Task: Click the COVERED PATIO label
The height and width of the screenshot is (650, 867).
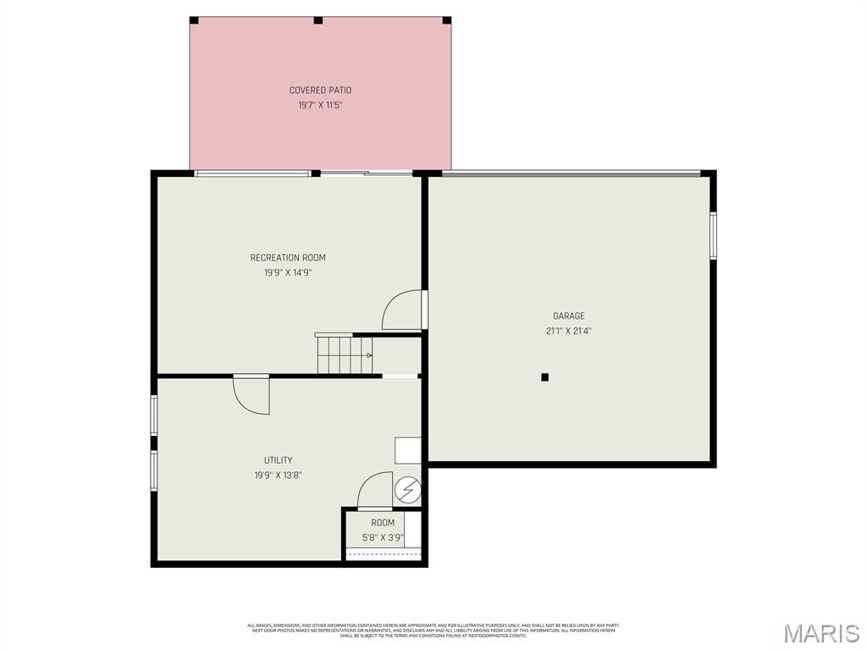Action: point(320,91)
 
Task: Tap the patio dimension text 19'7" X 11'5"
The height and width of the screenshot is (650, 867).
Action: point(320,106)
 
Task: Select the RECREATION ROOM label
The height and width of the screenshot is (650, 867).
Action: point(287,258)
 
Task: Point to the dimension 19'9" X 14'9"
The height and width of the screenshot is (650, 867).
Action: point(287,273)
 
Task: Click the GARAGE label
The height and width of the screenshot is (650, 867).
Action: point(568,317)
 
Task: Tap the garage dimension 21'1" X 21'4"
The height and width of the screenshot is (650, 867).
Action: point(568,332)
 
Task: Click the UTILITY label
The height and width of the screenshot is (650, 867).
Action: point(278,460)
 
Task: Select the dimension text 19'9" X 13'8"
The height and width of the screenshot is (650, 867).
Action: point(278,476)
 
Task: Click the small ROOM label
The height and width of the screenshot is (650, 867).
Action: point(383,523)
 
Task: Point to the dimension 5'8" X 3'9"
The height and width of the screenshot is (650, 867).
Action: point(383,537)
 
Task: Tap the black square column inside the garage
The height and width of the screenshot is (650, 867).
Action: point(545,377)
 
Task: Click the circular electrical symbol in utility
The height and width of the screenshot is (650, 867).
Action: point(407,489)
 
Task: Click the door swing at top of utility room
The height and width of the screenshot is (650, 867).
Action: point(253,394)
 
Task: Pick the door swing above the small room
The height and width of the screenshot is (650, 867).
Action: point(376,490)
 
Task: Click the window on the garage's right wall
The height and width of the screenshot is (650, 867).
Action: point(713,235)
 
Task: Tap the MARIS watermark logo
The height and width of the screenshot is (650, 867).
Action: point(820,634)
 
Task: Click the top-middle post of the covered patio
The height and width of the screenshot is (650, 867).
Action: point(318,20)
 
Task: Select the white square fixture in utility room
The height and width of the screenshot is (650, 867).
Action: point(407,450)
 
